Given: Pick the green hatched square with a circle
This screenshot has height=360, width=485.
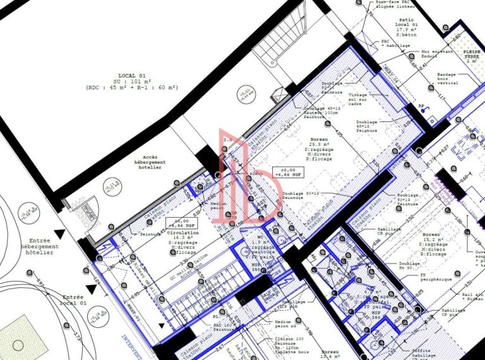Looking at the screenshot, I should coord(18,337).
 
